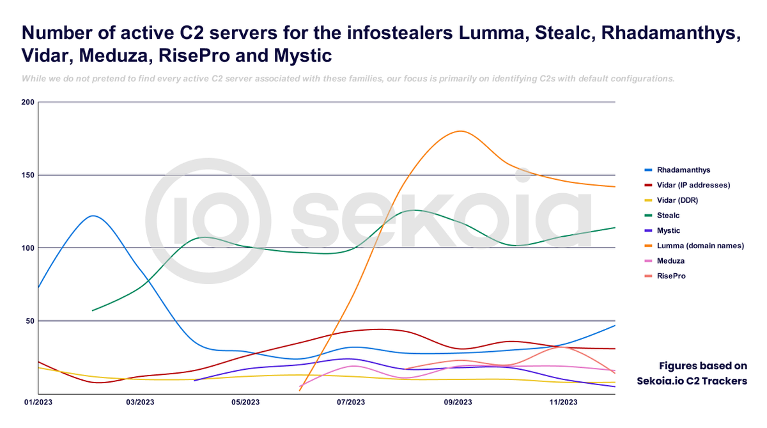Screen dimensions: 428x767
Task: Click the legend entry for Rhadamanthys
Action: click(x=683, y=170)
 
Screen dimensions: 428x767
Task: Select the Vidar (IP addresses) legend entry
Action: click(x=693, y=185)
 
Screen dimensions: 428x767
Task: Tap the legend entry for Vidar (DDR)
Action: click(x=678, y=200)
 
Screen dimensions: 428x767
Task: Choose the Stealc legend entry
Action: click(x=668, y=216)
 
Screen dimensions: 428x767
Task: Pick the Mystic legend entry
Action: click(x=669, y=230)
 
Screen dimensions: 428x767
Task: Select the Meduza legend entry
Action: click(x=670, y=260)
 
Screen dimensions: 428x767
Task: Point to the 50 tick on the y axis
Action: click(x=29, y=321)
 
